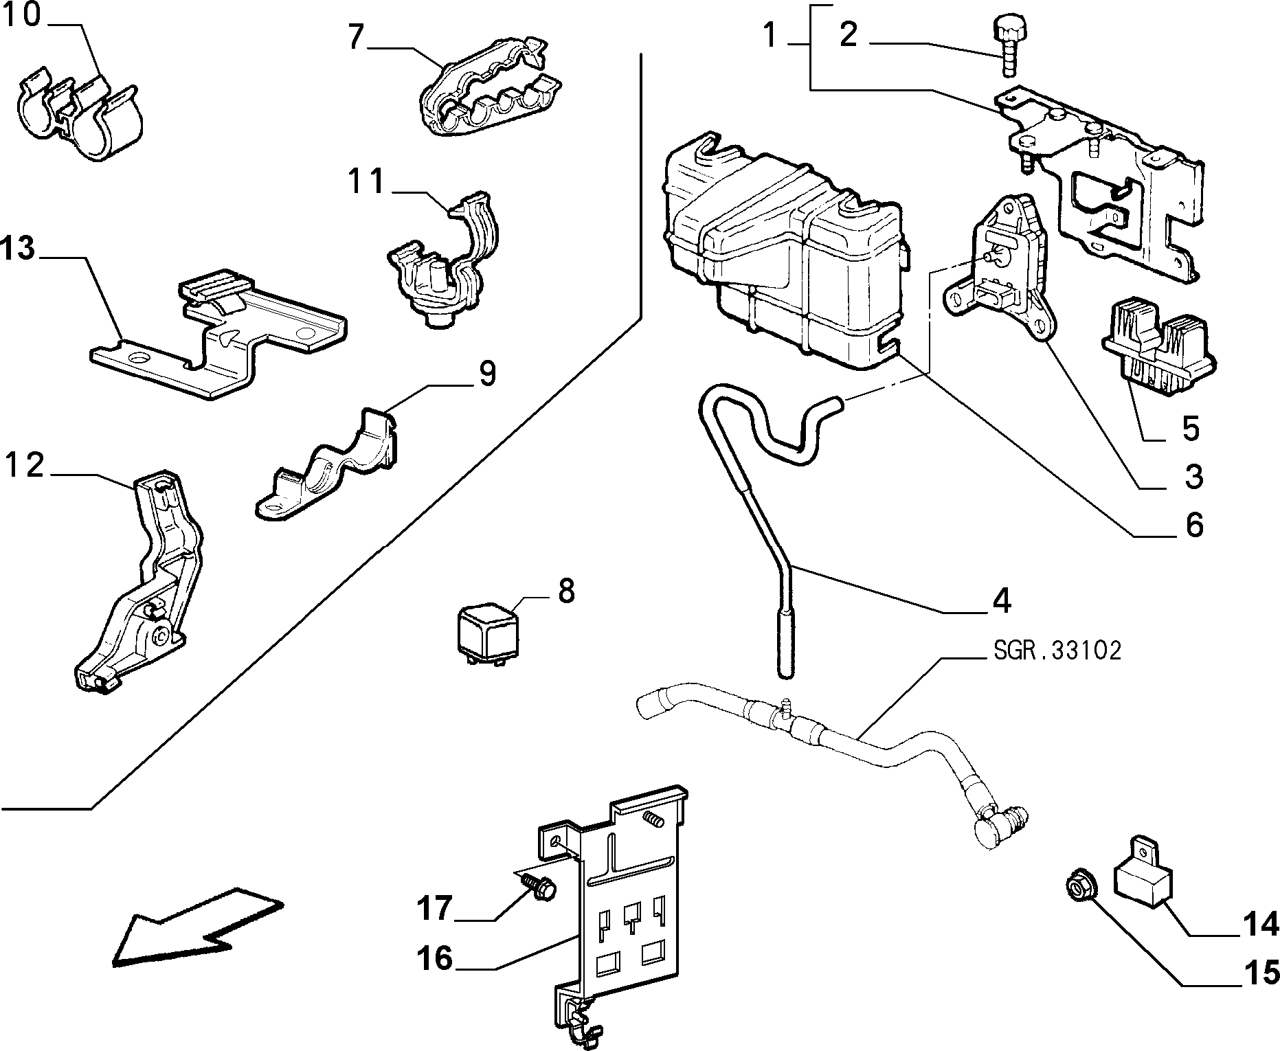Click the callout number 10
click(x=23, y=15)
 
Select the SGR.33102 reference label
click(x=1057, y=650)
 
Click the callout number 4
click(x=1002, y=600)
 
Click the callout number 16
click(x=435, y=958)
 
